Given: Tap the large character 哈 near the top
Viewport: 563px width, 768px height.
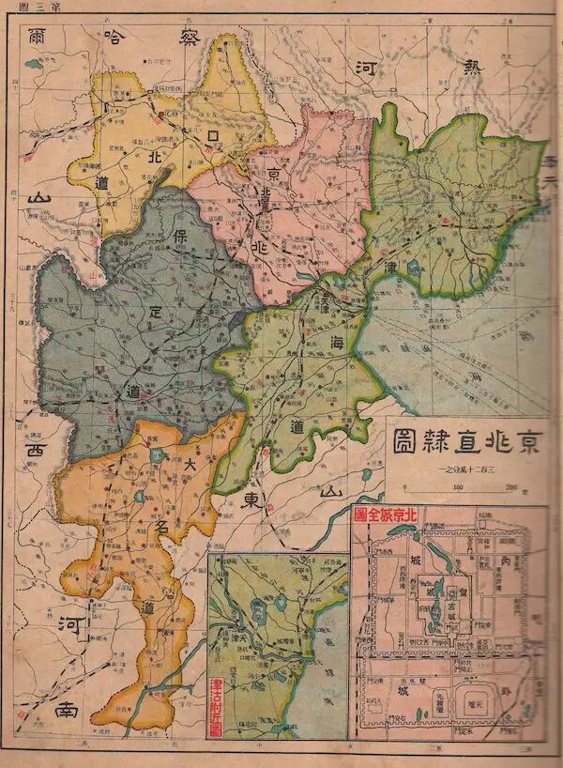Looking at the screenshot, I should pyautogui.click(x=114, y=39).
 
